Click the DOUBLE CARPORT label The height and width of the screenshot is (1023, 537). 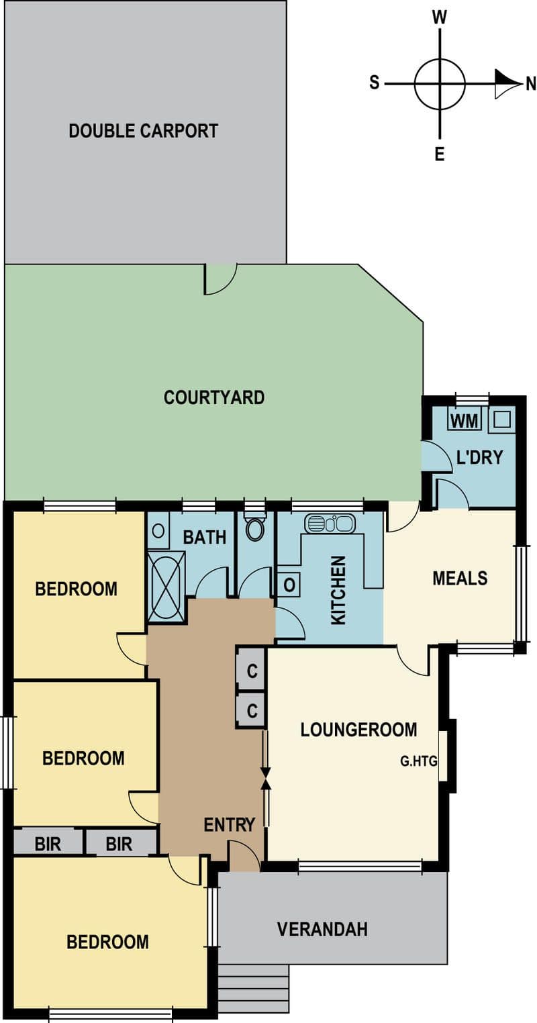(144, 131)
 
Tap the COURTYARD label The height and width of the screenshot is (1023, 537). (214, 397)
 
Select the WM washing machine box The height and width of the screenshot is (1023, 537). (465, 420)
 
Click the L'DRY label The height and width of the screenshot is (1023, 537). (479, 457)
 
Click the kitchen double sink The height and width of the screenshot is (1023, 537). (330, 524)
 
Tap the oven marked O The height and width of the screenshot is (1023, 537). (289, 585)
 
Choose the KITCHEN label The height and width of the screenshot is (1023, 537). (338, 590)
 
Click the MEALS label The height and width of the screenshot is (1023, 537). (460, 578)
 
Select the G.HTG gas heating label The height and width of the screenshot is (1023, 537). (419, 761)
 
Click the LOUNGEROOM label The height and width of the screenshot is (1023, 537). (359, 730)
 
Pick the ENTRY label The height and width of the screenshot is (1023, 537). (229, 825)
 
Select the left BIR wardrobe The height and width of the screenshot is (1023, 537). (48, 844)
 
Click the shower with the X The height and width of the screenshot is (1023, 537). (166, 587)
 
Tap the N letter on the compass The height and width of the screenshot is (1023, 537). (530, 84)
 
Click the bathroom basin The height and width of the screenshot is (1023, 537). (158, 531)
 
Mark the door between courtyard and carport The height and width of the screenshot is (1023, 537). (221, 279)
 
